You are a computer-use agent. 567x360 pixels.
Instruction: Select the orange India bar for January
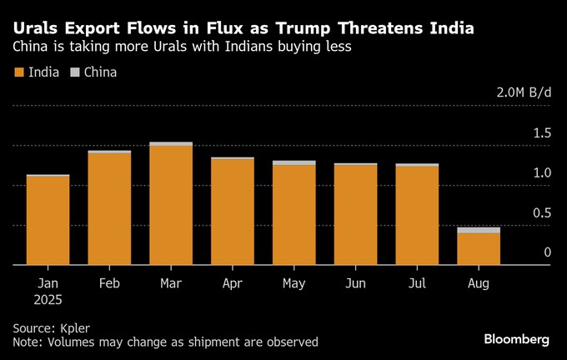click(48, 220)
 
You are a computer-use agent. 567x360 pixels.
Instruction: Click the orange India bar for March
click(171, 205)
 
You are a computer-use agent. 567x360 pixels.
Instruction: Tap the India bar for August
click(479, 248)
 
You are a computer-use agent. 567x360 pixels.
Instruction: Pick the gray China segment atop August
click(479, 229)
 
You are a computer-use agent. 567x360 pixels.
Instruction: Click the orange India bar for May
click(294, 214)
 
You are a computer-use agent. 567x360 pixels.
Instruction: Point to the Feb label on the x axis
click(109, 284)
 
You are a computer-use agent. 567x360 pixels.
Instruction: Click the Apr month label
click(233, 284)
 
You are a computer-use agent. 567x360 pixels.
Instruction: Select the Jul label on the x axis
click(417, 284)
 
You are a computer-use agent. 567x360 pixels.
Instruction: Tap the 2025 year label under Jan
click(48, 299)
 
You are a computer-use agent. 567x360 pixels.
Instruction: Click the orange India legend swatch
click(19, 72)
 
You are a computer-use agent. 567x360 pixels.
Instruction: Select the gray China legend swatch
click(75, 72)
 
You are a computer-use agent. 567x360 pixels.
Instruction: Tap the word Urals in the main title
click(35, 29)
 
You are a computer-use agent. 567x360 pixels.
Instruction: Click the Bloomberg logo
click(517, 339)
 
